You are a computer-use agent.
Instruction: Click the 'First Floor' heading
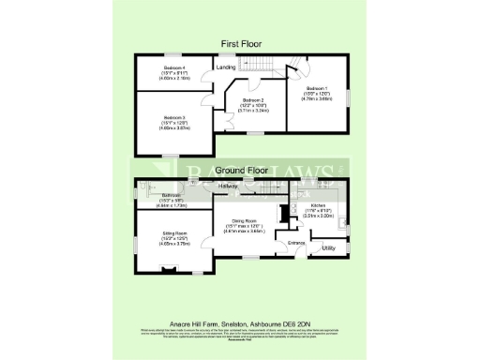pos(241,44)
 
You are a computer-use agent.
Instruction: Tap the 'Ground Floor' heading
pos(241,171)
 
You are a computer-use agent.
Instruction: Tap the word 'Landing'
pos(225,67)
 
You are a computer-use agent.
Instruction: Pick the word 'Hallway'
pos(228,187)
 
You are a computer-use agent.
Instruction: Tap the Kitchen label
pos(317,204)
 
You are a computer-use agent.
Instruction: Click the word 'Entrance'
pos(297,243)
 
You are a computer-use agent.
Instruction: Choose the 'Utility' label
pos(328,248)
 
